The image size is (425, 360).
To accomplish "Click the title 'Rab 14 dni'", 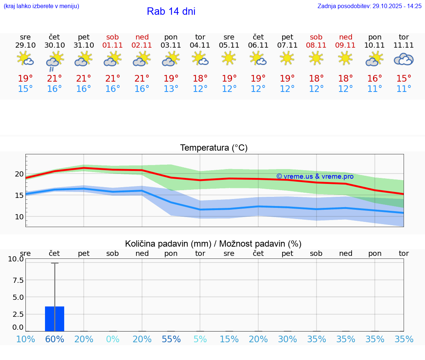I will pos(171,11).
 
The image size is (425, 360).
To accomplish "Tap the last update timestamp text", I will pos(369,6).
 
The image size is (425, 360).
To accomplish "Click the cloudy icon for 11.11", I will pos(404,59).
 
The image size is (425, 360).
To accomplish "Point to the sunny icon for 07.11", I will pos(287,58).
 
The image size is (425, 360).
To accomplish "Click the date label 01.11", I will pos(113,45).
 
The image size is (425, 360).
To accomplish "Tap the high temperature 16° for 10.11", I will pos(374,79).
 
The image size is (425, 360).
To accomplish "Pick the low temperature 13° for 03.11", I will pos(171,89).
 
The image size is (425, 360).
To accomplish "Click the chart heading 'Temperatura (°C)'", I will pos(214,148).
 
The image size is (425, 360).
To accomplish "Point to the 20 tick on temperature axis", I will pos(19,174).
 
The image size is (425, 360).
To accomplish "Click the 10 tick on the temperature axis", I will pos(19,217).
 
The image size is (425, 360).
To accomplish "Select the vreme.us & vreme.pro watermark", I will pos(315,176).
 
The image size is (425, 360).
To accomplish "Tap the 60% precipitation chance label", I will pos(55,339).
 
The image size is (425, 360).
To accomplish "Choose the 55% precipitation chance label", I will pos(171,339).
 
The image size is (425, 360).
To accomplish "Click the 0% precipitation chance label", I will pos(113,339).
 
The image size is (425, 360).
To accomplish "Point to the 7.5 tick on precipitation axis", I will pos(16,280).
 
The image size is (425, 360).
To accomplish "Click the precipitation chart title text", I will pos(213,244).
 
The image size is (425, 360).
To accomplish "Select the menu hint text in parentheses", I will pos(41,6).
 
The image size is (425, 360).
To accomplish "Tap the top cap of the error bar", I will pos(55,263).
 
